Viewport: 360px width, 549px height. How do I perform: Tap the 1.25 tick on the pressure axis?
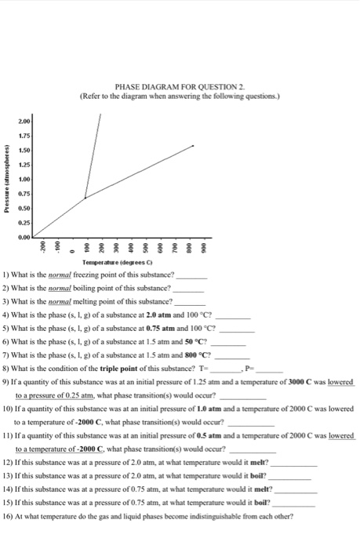pyautogui.click(x=24, y=166)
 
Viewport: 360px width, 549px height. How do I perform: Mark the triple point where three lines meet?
pyautogui.click(x=85, y=198)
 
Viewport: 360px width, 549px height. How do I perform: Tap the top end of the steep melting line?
pyautogui.click(x=100, y=115)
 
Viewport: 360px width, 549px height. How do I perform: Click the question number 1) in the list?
pyautogui.click(x=6, y=277)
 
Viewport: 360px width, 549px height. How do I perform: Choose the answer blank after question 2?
pyautogui.click(x=187, y=289)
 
